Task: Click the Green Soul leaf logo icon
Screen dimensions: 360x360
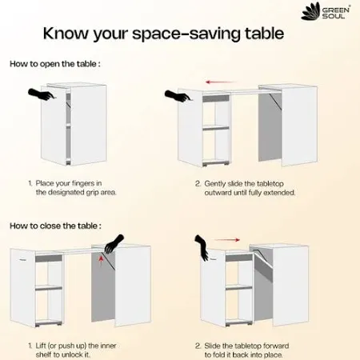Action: [x=310, y=11]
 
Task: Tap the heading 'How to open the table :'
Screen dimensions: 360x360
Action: [x=55, y=64]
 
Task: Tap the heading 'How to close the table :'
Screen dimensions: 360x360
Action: [x=55, y=226]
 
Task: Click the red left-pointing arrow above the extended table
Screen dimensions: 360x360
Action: [x=221, y=82]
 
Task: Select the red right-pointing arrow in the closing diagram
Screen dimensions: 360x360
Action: [x=226, y=240]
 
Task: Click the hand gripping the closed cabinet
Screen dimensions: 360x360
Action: [x=42, y=94]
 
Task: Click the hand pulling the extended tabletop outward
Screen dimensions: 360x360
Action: [x=178, y=95]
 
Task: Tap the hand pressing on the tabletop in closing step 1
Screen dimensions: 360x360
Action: [x=114, y=244]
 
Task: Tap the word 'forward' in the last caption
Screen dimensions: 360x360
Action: [x=276, y=346]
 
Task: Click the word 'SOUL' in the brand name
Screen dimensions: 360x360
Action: [x=334, y=16]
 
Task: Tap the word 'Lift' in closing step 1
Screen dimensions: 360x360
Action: [x=41, y=346]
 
